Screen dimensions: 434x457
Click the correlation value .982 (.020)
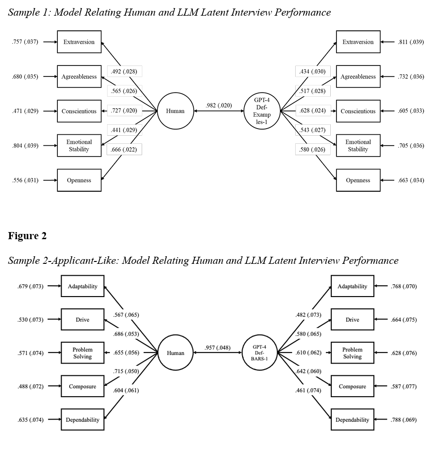218,105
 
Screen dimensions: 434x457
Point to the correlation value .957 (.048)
217,347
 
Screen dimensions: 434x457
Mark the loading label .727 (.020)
124,111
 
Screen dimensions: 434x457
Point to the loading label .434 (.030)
312,71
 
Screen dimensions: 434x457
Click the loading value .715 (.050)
126,371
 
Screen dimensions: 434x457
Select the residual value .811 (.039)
411,42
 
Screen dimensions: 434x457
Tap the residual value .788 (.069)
403,420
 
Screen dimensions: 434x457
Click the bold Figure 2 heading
27,235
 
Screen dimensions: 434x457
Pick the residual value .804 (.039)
25,145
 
